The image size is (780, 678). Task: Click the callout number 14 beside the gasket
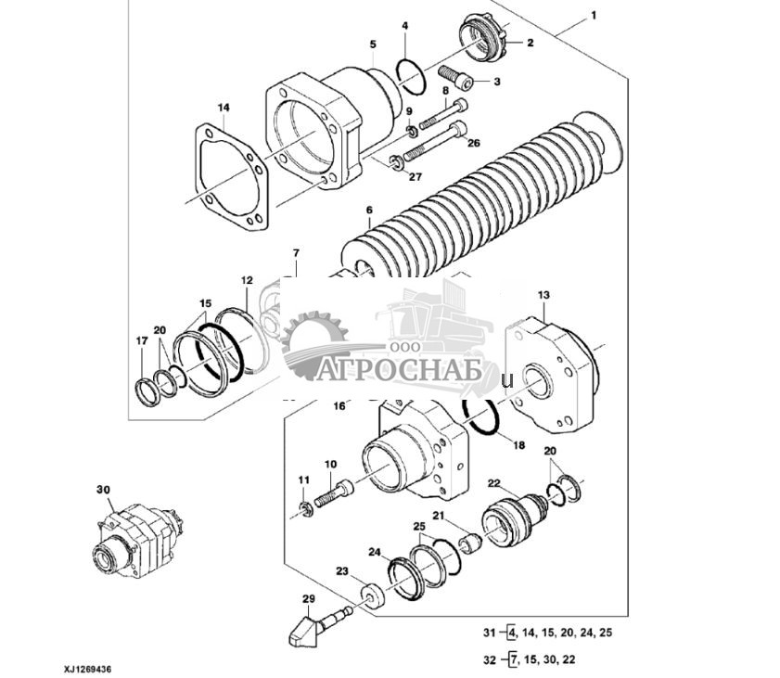pyautogui.click(x=224, y=108)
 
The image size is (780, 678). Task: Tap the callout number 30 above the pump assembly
pyautogui.click(x=102, y=489)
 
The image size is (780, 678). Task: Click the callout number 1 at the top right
pyautogui.click(x=594, y=15)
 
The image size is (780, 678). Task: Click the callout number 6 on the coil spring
pyautogui.click(x=369, y=211)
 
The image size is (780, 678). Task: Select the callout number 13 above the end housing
pyautogui.click(x=543, y=295)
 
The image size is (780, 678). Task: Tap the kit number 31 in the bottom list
pyautogui.click(x=489, y=633)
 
